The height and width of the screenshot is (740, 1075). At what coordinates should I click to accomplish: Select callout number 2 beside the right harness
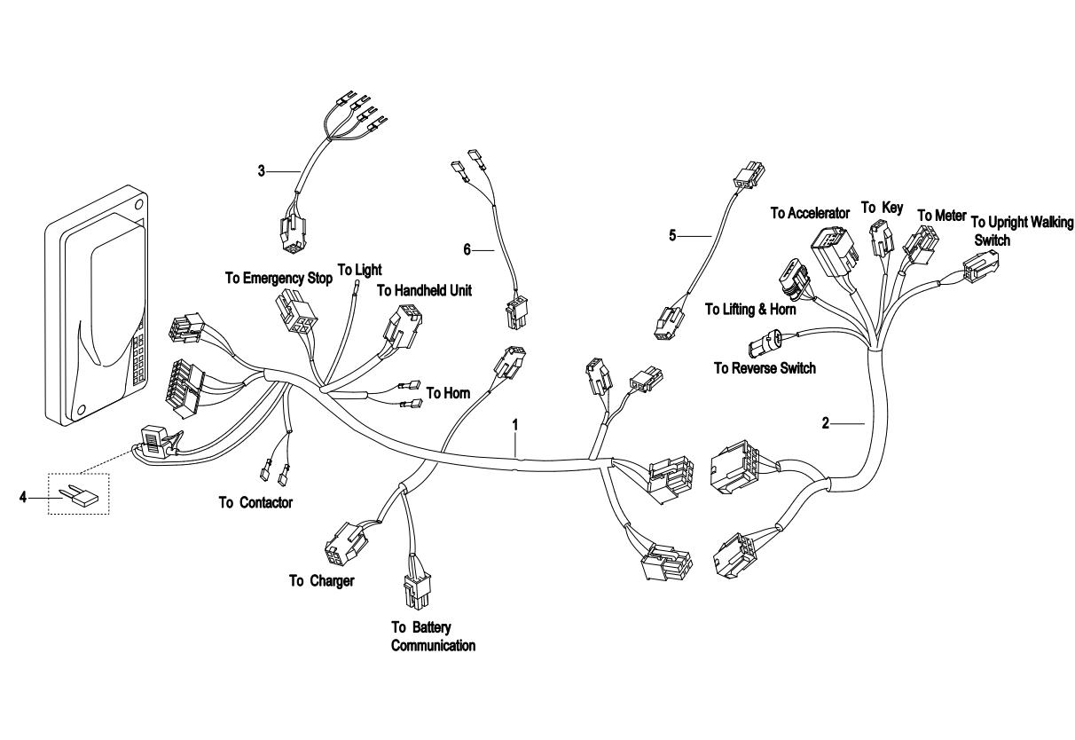point(825,423)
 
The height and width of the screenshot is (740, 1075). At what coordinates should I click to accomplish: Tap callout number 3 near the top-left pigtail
point(262,169)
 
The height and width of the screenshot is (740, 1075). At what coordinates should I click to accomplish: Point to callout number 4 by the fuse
point(23,499)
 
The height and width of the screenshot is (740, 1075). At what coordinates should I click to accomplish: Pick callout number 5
point(672,235)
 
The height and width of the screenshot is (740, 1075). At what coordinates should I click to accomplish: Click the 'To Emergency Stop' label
point(279,278)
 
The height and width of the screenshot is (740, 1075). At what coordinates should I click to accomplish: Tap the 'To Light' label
point(359,269)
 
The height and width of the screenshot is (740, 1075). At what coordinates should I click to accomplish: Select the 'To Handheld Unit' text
point(424,289)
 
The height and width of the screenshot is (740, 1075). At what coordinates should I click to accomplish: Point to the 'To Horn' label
point(448,392)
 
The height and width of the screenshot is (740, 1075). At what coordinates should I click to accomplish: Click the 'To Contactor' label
point(255,502)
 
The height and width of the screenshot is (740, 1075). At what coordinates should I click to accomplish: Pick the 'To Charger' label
point(321,582)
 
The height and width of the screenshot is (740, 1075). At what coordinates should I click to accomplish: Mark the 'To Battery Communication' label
point(433,636)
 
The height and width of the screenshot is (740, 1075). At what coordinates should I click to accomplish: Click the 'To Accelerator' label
point(810,213)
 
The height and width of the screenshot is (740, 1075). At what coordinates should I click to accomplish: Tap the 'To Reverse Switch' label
point(765,367)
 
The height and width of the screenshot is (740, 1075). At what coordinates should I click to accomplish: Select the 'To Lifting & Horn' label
point(750,309)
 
